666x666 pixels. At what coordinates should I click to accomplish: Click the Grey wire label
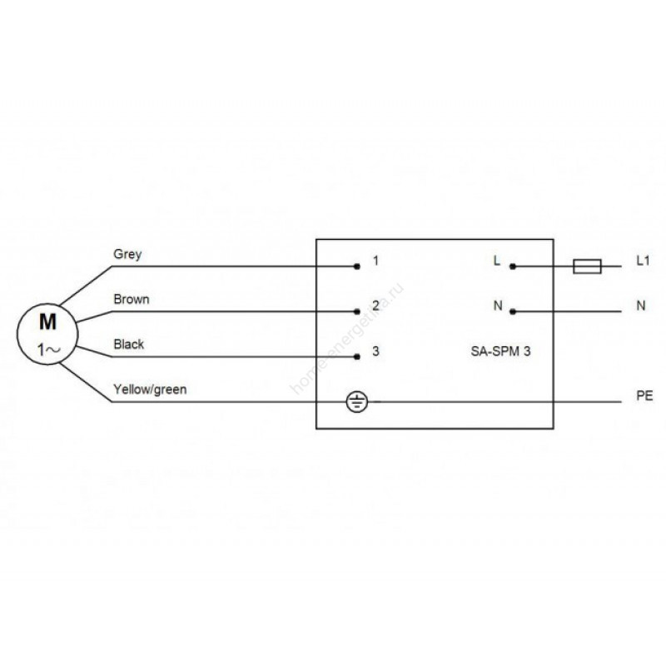tap(127, 255)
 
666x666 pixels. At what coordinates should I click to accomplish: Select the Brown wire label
tap(132, 299)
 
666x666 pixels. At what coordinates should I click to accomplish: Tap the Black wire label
tap(129, 344)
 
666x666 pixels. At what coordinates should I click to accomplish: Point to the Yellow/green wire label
tap(150, 390)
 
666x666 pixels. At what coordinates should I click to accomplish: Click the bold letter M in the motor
tap(47, 322)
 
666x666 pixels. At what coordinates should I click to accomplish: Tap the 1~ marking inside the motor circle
tap(49, 350)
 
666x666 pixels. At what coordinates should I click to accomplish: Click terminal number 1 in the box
tap(375, 261)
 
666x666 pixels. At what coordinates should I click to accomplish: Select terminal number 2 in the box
tap(375, 306)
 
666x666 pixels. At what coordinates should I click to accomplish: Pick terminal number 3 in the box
tap(375, 350)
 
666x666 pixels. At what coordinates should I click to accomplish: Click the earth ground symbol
tap(357, 402)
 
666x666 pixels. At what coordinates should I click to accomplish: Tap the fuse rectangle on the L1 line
tap(587, 266)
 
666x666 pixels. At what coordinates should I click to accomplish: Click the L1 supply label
tap(643, 261)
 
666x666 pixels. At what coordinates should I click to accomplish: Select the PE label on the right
tap(644, 396)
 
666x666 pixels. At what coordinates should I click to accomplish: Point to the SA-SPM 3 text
tap(500, 351)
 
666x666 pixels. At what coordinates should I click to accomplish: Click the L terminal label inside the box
tap(496, 261)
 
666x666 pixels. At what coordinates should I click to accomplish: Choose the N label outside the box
tap(641, 306)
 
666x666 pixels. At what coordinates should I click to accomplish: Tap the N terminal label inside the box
tap(498, 306)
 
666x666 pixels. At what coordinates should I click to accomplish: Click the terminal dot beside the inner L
tap(513, 266)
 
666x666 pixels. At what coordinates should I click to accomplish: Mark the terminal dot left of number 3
tap(357, 357)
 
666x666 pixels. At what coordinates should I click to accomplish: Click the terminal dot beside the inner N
tap(513, 311)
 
